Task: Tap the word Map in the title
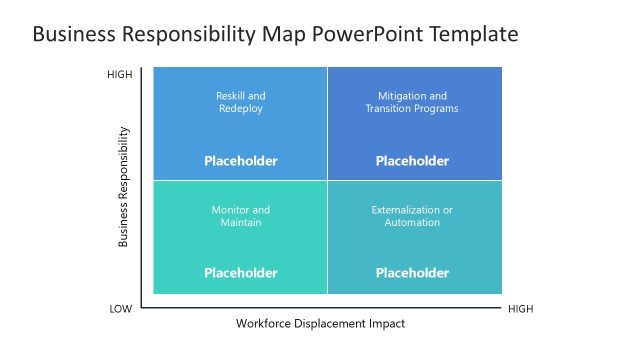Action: point(278,34)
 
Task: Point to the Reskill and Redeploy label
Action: point(241,102)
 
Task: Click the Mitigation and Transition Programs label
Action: point(412,102)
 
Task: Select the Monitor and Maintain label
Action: point(241,216)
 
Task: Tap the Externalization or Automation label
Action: point(412,216)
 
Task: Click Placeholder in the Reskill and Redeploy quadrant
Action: point(241,161)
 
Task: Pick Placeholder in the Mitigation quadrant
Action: point(412,161)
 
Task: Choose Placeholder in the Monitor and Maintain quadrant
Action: point(241,273)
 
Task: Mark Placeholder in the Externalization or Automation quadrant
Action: point(412,273)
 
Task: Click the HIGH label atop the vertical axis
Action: point(120,75)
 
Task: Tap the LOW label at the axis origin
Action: point(120,309)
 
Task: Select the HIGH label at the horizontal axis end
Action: point(521,309)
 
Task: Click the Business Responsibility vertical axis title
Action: point(124,186)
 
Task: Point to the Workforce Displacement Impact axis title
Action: point(321,324)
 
